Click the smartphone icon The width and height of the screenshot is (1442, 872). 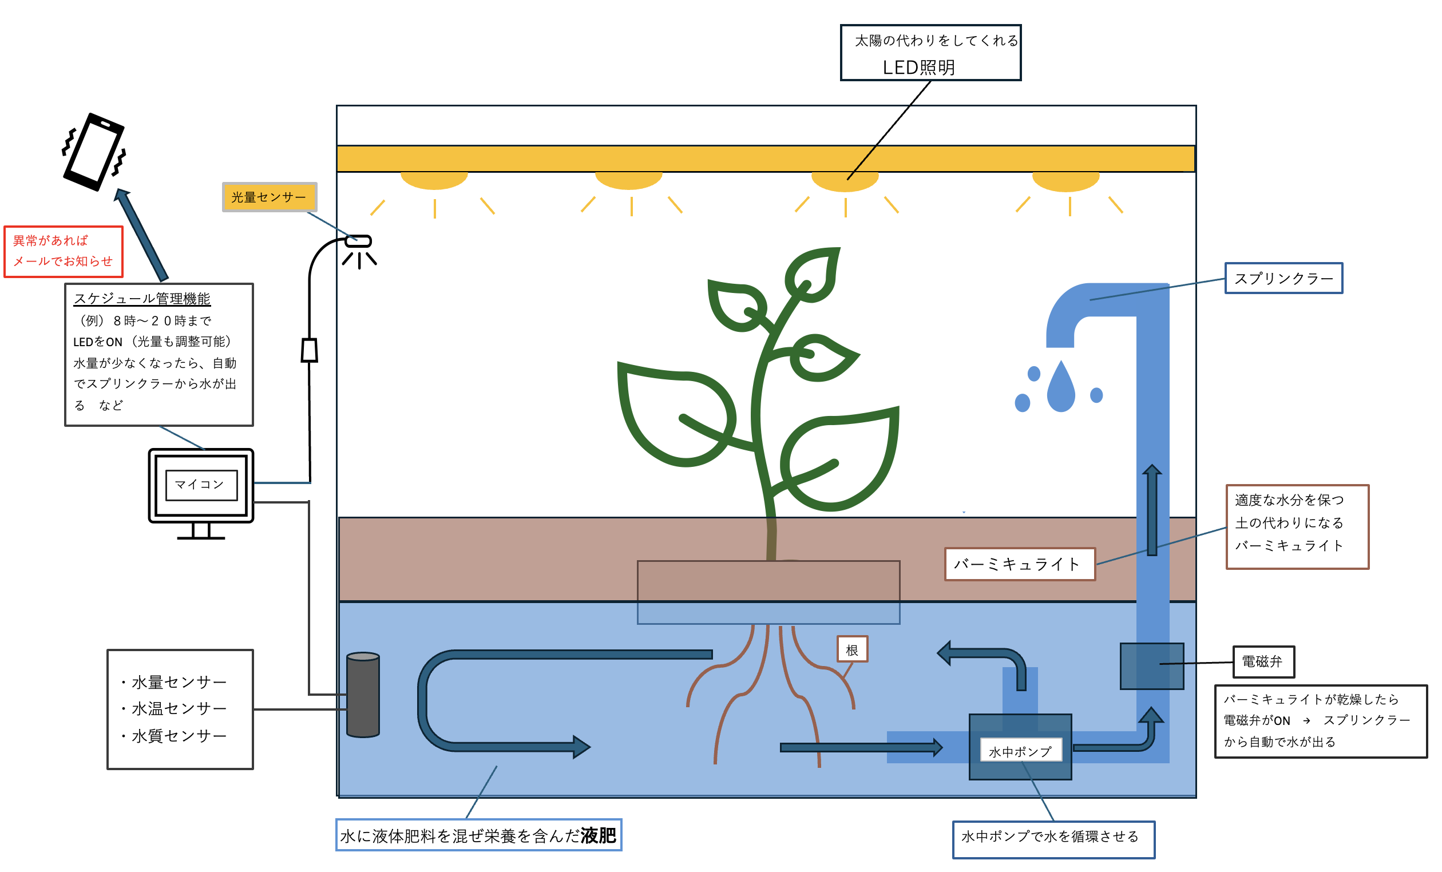click(x=94, y=152)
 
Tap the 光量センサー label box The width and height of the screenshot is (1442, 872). click(x=269, y=197)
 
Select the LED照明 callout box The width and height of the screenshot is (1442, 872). click(x=930, y=53)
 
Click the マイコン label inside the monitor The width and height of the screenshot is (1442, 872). click(x=201, y=485)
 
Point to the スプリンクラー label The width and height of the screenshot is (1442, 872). click(x=1283, y=279)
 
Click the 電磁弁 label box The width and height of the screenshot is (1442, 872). click(x=1263, y=662)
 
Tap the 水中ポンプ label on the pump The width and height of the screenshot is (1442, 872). click(x=1021, y=751)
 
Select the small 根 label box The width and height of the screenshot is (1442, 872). click(x=852, y=649)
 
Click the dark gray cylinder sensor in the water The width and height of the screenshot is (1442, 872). click(x=363, y=695)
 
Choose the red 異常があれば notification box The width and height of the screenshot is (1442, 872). click(x=63, y=252)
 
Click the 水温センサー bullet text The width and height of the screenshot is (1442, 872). click(x=179, y=709)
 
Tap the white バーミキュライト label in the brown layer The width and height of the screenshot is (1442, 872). click(x=1020, y=564)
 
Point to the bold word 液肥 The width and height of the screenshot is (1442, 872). click(x=598, y=835)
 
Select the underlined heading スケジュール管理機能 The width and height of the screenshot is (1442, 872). click(x=142, y=299)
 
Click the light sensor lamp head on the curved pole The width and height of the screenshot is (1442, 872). click(x=359, y=240)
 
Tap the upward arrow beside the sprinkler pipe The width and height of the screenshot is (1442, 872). click(x=1152, y=509)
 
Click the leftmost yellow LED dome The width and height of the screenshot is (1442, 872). click(x=434, y=180)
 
